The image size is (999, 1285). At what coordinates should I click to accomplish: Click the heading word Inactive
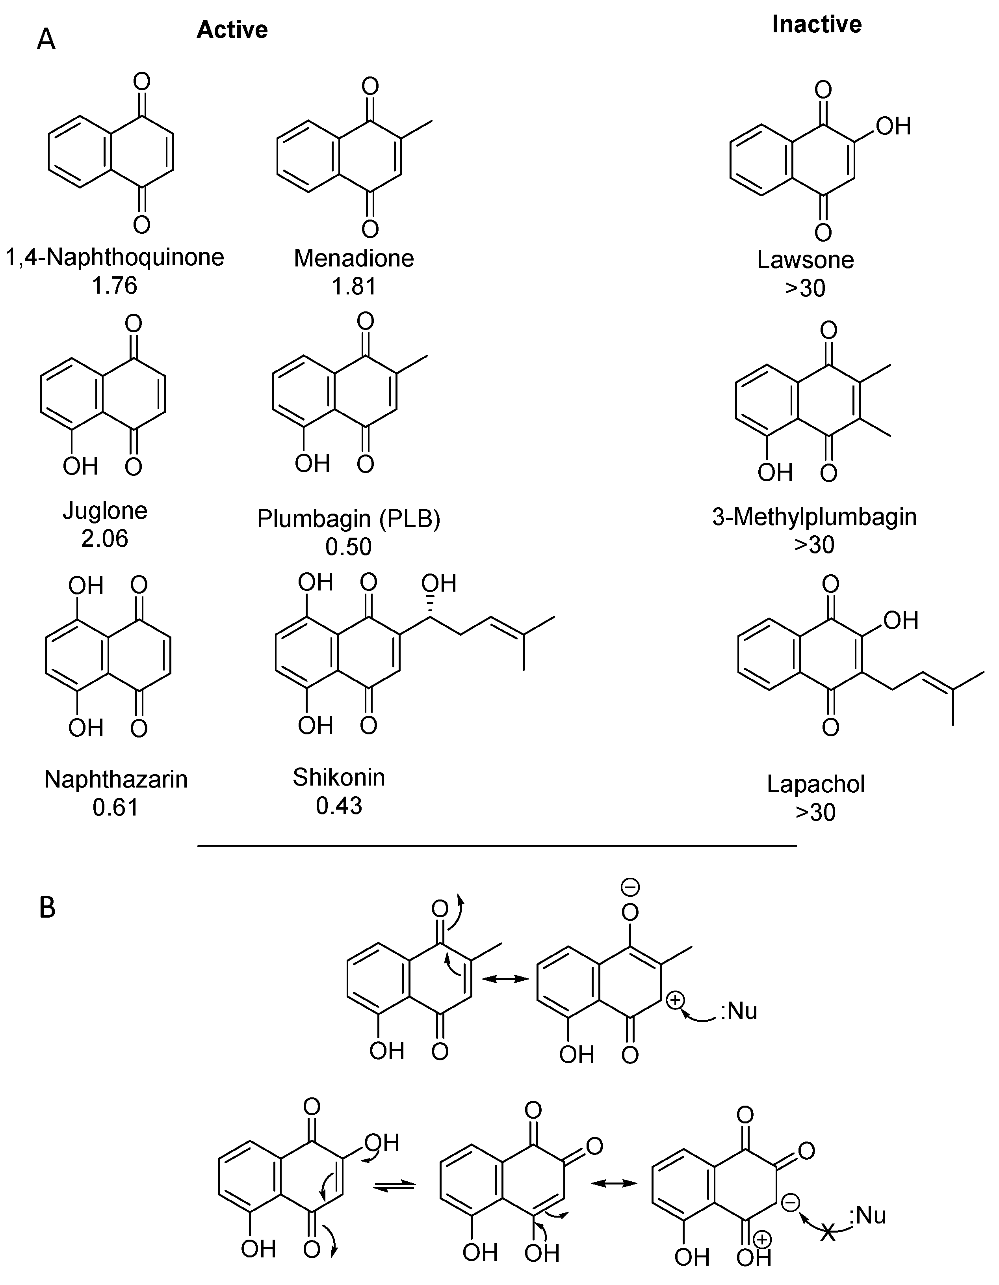816,24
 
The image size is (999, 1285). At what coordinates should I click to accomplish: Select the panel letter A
46,41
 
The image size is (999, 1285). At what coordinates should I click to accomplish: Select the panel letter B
47,907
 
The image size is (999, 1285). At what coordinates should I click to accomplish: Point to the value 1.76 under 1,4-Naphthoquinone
115,286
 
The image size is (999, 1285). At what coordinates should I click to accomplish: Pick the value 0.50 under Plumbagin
349,547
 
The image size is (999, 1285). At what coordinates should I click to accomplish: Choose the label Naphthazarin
116,780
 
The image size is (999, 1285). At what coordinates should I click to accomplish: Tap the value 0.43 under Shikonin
339,805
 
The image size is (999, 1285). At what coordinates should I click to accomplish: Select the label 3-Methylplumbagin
814,517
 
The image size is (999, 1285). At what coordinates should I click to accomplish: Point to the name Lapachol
815,784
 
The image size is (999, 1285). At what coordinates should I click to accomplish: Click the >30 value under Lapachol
815,812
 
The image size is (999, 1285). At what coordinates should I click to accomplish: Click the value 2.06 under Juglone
105,538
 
